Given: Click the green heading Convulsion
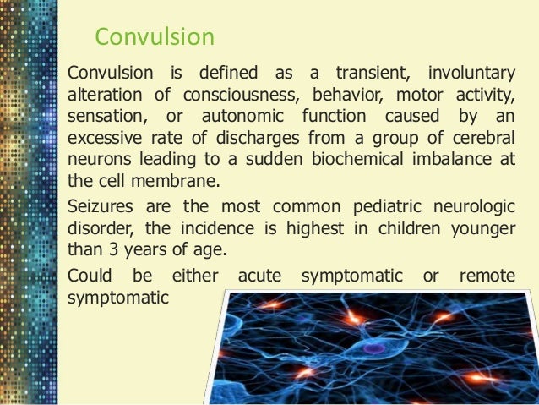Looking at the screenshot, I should click(x=155, y=38).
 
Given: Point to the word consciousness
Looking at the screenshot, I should click(x=244, y=92).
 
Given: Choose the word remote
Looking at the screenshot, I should click(x=487, y=277).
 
